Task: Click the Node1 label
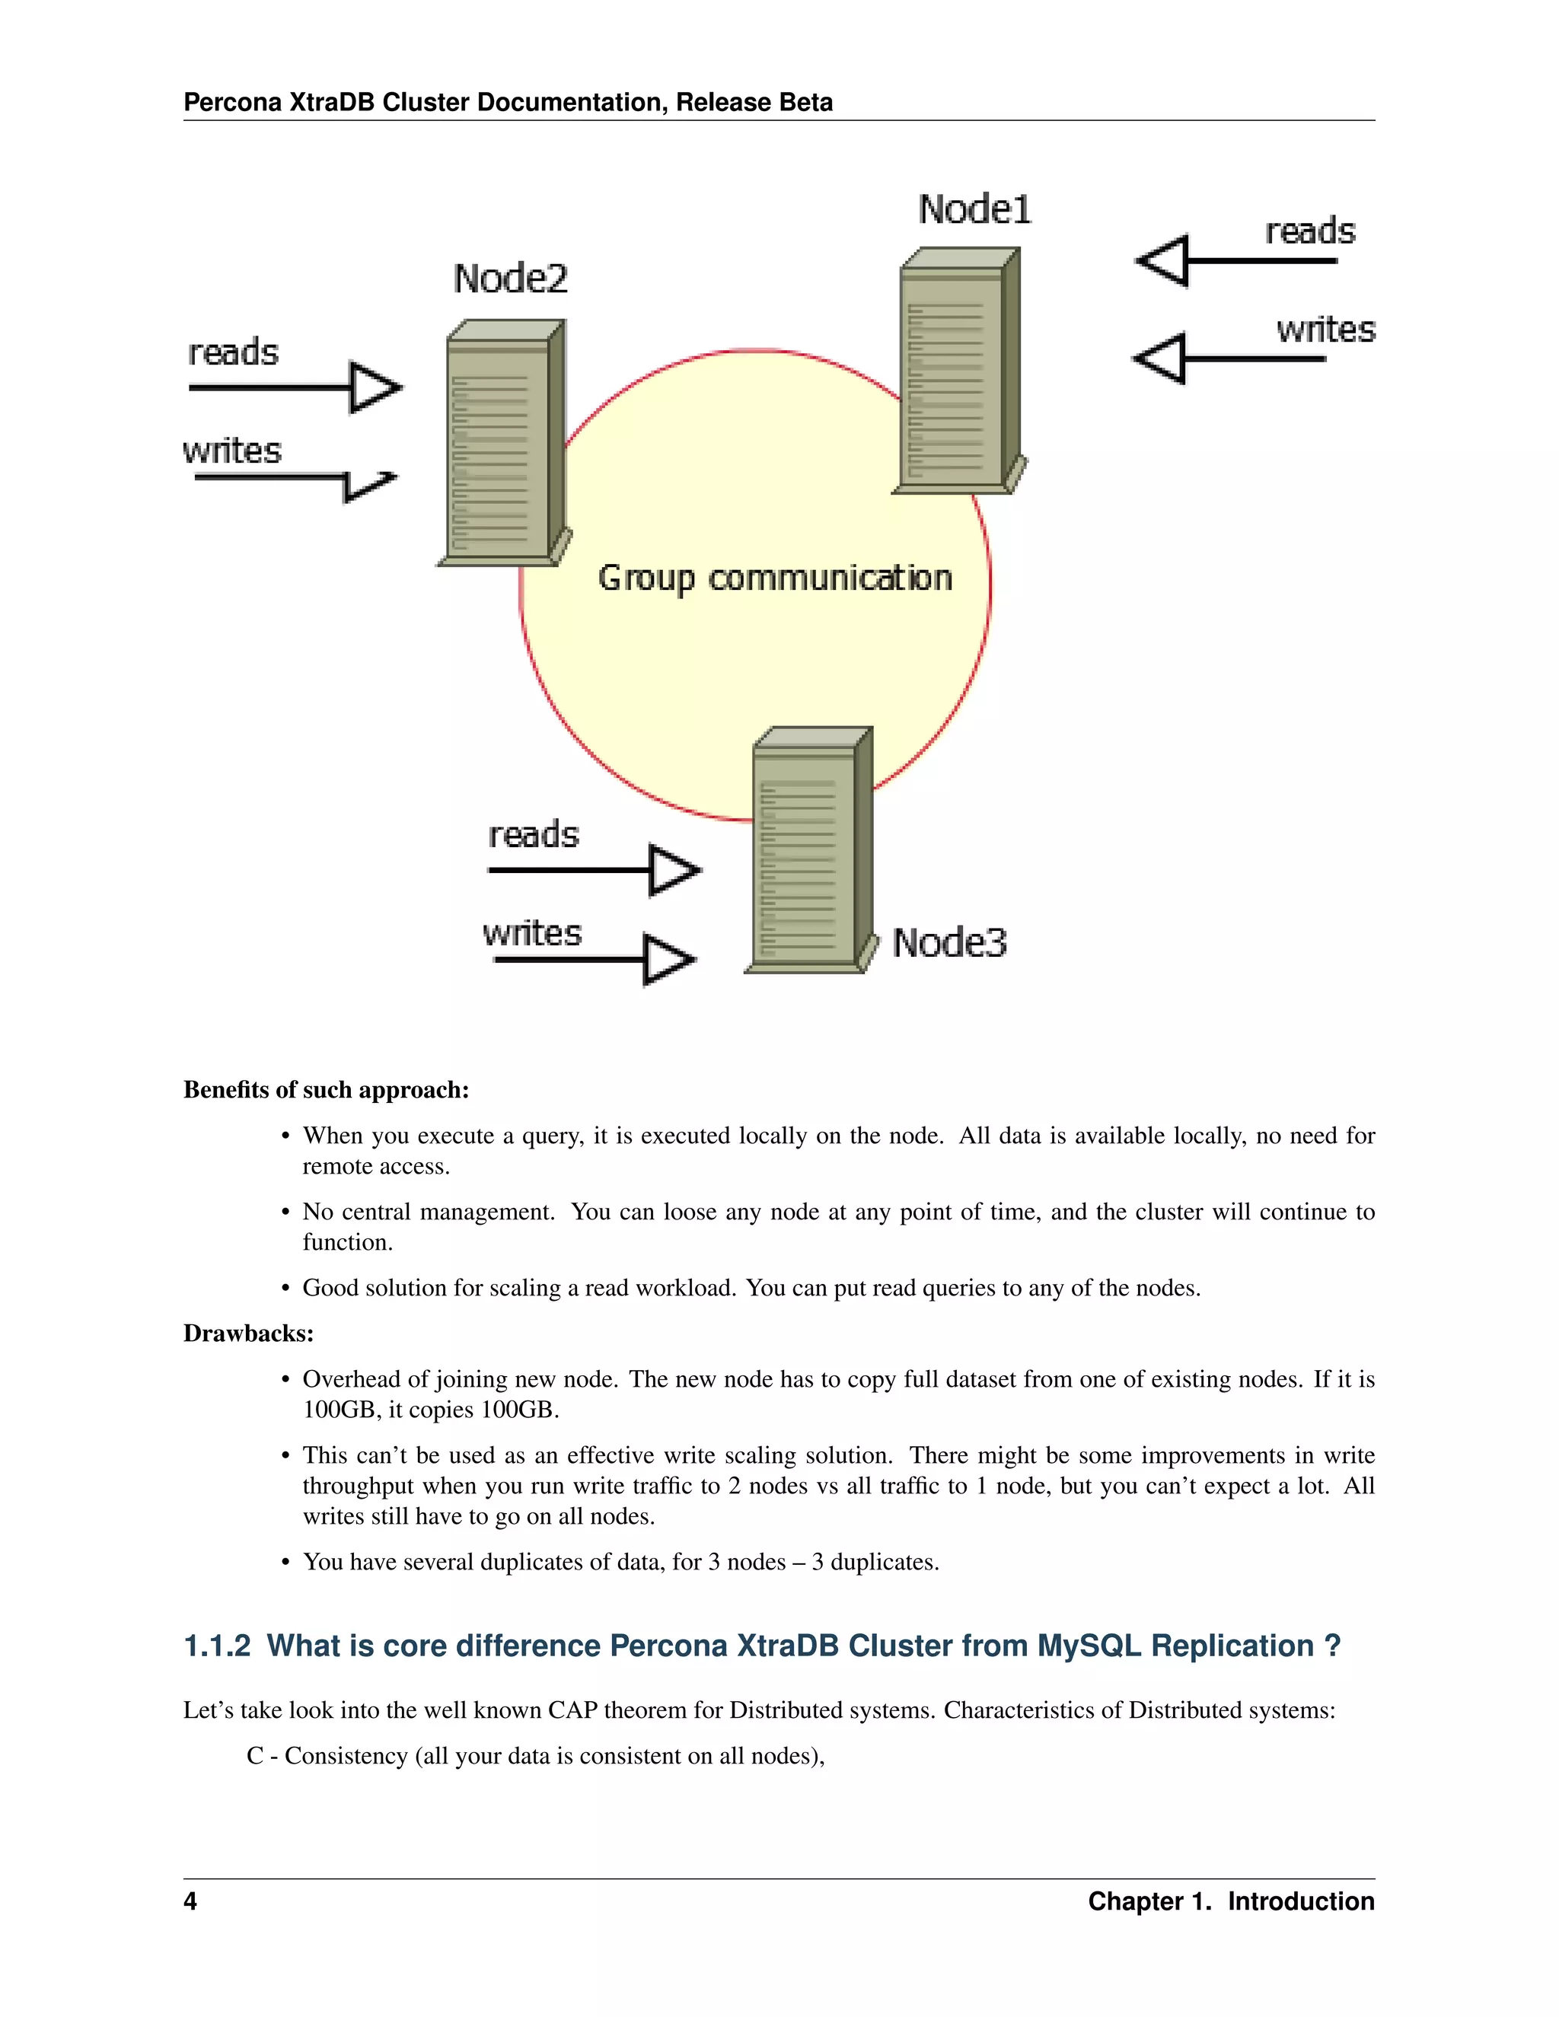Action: coord(974,209)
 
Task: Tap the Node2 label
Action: coord(510,278)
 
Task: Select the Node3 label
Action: coord(948,942)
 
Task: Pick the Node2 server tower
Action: coord(503,443)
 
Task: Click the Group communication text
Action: coord(774,578)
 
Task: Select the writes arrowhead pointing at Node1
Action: coord(1160,358)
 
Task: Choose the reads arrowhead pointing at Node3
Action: coord(673,870)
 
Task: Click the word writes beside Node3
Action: coord(532,933)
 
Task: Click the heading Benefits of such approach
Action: coord(326,1090)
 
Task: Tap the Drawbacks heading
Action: coord(248,1333)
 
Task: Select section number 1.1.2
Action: coord(217,1646)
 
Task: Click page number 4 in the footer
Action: coord(190,1901)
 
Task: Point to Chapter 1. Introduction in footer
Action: coord(1230,1901)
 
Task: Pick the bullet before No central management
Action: coord(285,1212)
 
